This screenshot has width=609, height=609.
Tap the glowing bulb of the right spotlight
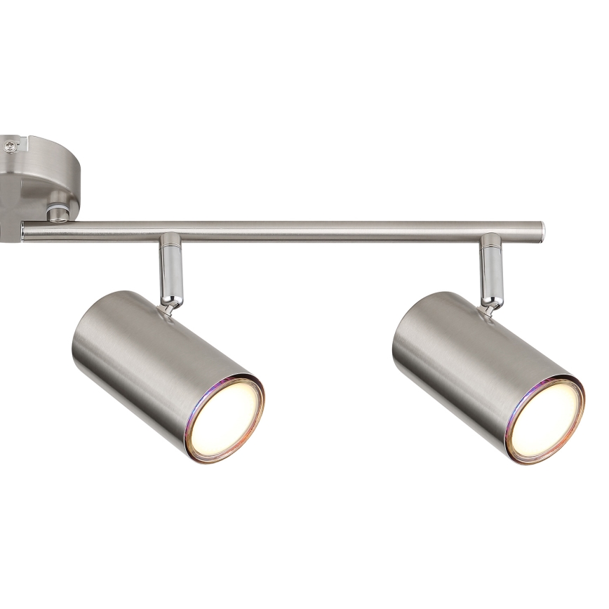[x=547, y=418]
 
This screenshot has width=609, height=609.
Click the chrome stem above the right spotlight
[x=490, y=267]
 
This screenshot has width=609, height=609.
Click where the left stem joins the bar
[x=169, y=241]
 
